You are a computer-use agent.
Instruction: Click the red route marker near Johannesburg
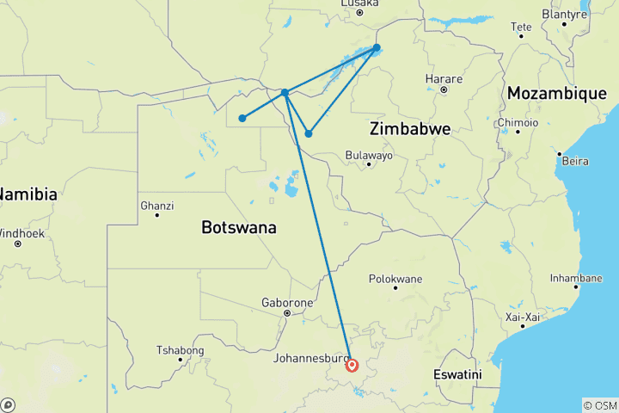click(x=352, y=365)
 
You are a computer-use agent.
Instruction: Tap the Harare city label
click(x=444, y=79)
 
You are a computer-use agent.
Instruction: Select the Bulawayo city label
click(x=368, y=156)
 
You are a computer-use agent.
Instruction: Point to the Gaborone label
click(x=287, y=304)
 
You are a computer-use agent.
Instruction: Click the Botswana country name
click(x=238, y=228)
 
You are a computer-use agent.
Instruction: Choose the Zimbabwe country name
click(x=410, y=129)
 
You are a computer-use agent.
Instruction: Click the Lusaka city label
click(x=359, y=3)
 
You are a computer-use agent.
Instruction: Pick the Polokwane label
click(x=395, y=280)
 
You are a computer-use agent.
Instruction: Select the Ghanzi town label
click(x=156, y=206)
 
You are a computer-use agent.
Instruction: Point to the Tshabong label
click(x=180, y=350)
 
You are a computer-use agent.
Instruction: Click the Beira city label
click(x=575, y=161)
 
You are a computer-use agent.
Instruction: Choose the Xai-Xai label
click(x=522, y=317)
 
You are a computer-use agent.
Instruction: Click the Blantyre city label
click(x=564, y=15)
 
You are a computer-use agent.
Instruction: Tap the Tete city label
click(x=522, y=27)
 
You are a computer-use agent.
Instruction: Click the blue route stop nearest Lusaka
click(x=377, y=48)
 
